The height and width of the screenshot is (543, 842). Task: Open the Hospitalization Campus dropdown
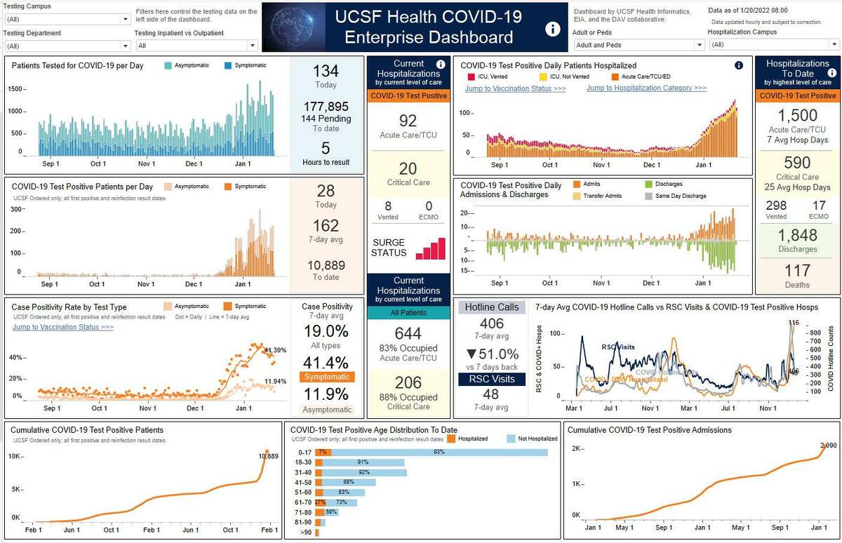[774, 45]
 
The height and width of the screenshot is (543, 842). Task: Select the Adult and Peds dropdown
[638, 45]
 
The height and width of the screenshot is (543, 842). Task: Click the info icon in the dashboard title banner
[553, 28]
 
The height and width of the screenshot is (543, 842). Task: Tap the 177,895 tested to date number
[326, 107]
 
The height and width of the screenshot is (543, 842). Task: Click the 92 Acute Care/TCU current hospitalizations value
[408, 121]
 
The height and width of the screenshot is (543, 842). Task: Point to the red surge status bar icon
[430, 248]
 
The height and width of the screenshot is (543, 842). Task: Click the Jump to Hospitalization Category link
[646, 88]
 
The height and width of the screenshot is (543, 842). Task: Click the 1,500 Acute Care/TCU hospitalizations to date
[797, 116]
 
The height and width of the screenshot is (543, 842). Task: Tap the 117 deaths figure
[797, 271]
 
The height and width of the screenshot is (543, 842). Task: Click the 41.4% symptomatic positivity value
[326, 362]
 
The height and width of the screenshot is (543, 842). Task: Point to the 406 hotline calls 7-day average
[492, 323]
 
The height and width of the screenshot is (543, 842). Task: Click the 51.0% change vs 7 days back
[492, 354]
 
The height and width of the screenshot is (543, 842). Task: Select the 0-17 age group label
[305, 452]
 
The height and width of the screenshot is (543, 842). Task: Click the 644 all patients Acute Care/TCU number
[408, 333]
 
